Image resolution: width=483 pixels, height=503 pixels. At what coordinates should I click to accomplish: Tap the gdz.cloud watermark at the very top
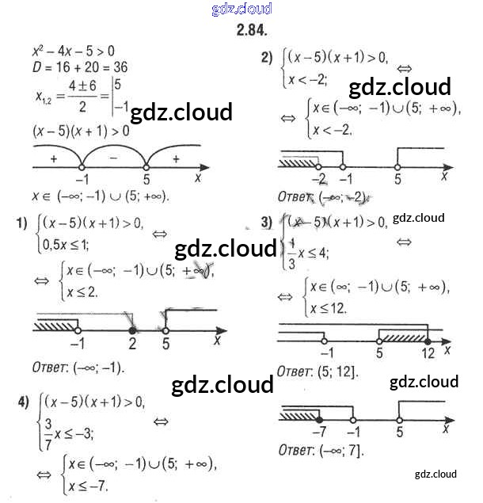click(x=241, y=9)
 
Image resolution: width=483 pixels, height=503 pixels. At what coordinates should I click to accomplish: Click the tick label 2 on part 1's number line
click(x=132, y=344)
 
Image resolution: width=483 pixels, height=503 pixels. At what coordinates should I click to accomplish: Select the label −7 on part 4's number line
click(x=319, y=432)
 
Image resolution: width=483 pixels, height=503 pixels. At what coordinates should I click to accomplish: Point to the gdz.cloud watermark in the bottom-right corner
click(x=435, y=474)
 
